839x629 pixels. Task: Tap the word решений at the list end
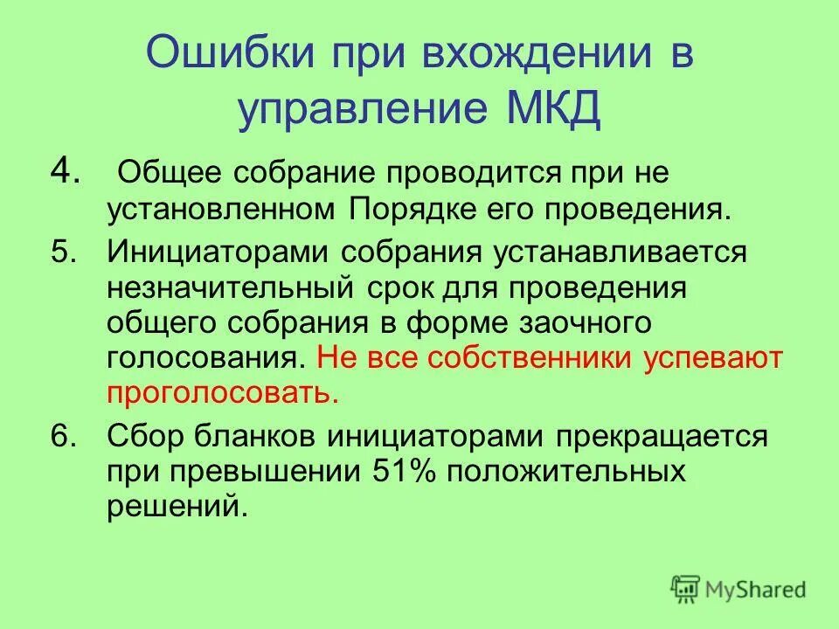click(173, 507)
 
